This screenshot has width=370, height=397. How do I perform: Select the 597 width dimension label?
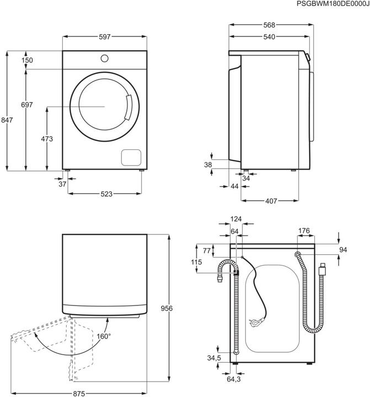pos(105,36)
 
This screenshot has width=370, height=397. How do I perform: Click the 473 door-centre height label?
pos(47,140)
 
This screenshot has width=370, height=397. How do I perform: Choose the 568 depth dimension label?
pos(269,25)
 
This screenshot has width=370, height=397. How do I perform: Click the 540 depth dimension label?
pos(269,37)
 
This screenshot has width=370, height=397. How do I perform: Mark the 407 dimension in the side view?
pos(270,201)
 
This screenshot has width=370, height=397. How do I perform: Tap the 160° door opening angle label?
pos(104,336)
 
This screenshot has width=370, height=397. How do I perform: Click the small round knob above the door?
pos(104,57)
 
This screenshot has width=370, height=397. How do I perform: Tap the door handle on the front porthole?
pos(129,108)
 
